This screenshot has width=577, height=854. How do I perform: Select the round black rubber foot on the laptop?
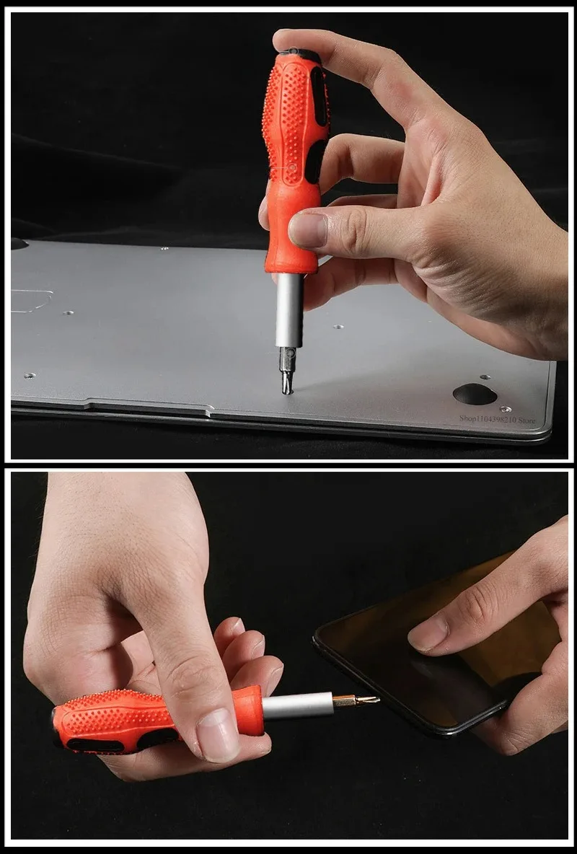click(475, 394)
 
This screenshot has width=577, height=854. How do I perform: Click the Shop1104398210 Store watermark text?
click(497, 418)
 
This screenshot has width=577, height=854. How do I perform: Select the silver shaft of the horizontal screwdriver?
click(297, 706)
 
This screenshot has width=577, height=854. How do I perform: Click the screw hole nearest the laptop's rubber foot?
click(504, 409)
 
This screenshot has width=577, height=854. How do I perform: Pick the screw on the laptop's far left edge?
click(29, 376)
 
